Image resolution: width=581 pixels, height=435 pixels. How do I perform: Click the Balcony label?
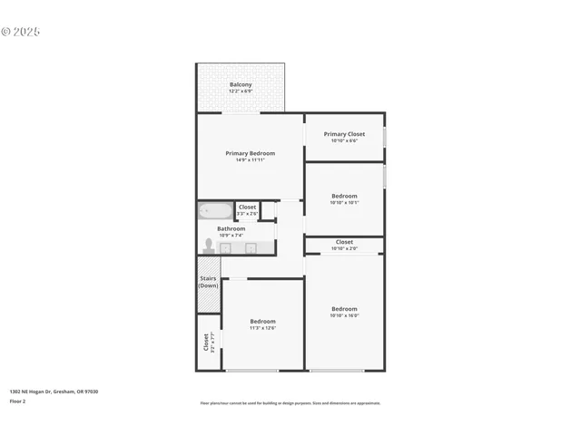coord(241,84)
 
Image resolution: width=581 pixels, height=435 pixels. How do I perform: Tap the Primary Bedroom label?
coord(250,153)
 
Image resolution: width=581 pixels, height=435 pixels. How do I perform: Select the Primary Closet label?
coord(344,134)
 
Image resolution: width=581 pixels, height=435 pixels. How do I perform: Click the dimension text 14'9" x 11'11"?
coord(250,160)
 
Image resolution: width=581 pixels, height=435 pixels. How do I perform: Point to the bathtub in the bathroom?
coord(215,210)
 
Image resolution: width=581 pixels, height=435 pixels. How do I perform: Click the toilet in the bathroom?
coord(209,246)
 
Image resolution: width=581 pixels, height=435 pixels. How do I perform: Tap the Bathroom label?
coord(231,228)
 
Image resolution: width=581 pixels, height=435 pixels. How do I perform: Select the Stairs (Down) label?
coord(208,282)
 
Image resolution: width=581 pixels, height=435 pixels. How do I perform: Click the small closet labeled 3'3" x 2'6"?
coord(247,210)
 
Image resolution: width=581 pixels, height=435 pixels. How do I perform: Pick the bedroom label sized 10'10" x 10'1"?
coord(344,196)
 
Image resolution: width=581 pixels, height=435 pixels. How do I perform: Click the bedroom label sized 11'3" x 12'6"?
coord(263,321)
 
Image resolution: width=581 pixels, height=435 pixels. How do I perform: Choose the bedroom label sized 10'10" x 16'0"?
coord(344,308)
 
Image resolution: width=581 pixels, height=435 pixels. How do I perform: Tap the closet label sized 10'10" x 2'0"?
coord(344,242)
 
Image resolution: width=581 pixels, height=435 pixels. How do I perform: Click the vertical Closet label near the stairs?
coord(206,342)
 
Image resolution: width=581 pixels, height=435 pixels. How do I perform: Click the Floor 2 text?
coord(17,401)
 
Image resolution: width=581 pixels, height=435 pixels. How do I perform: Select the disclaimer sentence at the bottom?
coord(290,403)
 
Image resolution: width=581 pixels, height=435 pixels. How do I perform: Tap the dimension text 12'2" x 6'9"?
coord(241,92)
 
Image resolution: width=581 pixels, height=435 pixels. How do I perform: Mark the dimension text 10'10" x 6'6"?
coord(344,141)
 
